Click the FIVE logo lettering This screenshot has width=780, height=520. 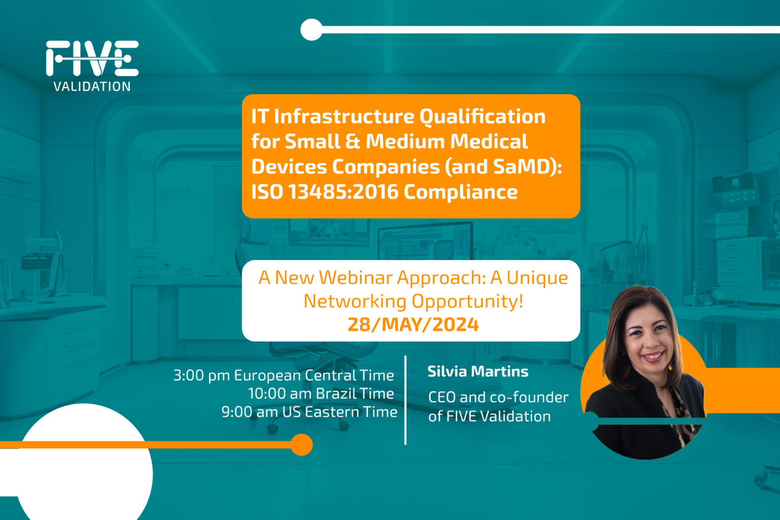[x=92, y=58]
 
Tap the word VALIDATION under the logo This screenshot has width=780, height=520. [x=92, y=86]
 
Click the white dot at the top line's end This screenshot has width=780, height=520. [x=311, y=29]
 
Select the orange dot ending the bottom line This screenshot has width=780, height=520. [x=302, y=444]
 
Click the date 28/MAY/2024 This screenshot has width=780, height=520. [x=413, y=324]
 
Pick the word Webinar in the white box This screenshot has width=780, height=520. [x=355, y=278]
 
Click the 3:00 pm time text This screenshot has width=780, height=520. [x=201, y=375]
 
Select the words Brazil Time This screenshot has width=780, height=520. [x=354, y=394]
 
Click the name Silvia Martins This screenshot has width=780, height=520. [x=477, y=371]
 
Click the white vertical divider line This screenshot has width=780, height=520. [x=405, y=400]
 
